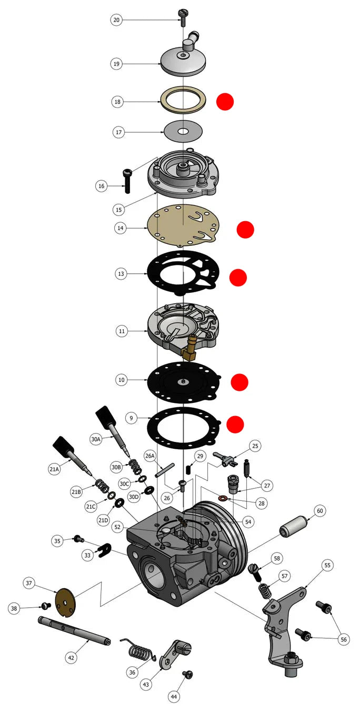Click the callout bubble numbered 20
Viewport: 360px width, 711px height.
[x=116, y=20]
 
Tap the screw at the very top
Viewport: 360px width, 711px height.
[x=183, y=17]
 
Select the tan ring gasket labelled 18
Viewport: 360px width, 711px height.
[x=183, y=100]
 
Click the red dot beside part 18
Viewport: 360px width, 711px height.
[x=225, y=102]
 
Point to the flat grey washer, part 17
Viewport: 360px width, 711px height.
[x=183, y=131]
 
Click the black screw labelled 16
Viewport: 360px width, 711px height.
[x=127, y=181]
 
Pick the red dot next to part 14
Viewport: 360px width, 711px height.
[x=245, y=229]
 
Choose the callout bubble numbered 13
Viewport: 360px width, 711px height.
[x=121, y=274]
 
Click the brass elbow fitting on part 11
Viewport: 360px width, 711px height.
[x=189, y=349]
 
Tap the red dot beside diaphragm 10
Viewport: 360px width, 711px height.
[x=239, y=382]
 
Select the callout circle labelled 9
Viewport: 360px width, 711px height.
[x=131, y=418]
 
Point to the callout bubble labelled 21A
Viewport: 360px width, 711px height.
[x=54, y=469]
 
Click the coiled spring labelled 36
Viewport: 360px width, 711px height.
[x=138, y=650]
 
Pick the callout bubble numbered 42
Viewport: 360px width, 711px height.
[x=71, y=658]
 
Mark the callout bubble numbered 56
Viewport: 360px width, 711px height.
[x=344, y=639]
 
